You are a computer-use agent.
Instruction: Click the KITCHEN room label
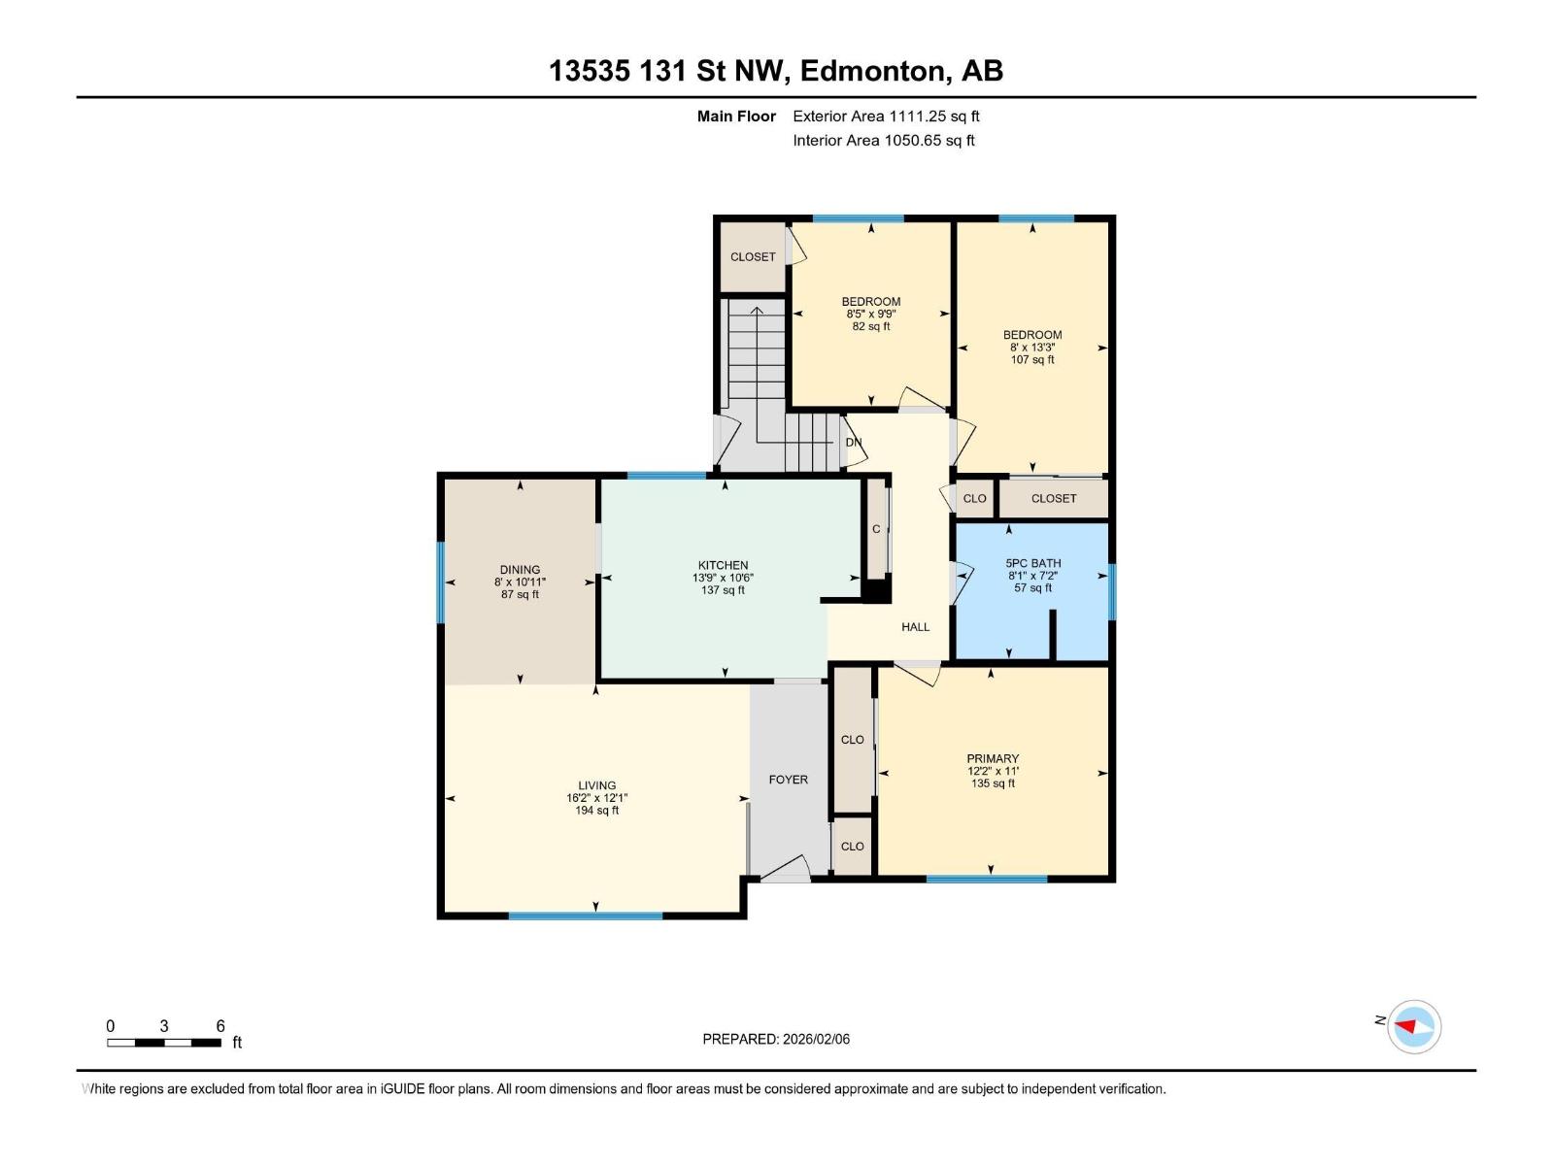(723, 565)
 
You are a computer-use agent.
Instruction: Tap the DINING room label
(520, 570)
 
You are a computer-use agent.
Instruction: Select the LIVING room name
(596, 785)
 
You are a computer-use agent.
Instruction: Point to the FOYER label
(788, 780)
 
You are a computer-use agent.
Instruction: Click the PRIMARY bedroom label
(993, 758)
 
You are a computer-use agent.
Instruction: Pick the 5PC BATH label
(1033, 563)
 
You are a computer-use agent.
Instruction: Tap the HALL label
(916, 627)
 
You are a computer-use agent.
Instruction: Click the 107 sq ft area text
(1032, 360)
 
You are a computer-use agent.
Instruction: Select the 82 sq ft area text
(871, 327)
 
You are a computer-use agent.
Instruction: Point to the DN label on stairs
(854, 442)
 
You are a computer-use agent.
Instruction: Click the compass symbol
(1413, 1027)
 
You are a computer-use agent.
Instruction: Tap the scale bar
(164, 1043)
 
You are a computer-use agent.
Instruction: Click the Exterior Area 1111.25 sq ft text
(886, 116)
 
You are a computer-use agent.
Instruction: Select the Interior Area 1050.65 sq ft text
(884, 140)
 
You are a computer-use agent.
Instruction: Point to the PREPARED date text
(776, 1039)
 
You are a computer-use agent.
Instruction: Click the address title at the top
(776, 71)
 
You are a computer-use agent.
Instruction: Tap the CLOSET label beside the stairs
(753, 256)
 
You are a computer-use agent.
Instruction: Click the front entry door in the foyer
(786, 869)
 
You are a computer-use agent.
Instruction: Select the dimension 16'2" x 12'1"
(596, 798)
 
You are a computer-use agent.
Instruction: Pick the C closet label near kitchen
(876, 529)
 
